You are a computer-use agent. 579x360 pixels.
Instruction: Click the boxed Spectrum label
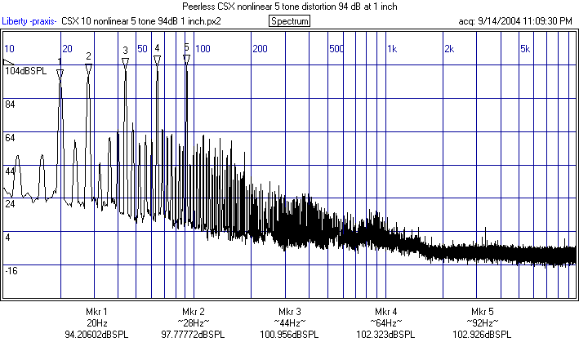pos(289,20)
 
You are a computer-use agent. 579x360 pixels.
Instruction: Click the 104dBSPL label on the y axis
pos(25,72)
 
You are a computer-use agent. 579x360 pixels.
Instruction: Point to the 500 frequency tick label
pos(336,49)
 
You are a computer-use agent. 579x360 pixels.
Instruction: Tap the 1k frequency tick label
pos(391,49)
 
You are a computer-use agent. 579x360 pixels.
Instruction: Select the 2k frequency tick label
pos(448,49)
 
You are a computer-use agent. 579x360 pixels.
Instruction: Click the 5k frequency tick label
pos(526,49)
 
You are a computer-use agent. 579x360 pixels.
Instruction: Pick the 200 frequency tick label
pos(260,49)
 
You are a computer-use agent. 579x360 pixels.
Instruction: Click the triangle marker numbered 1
pos(60,73)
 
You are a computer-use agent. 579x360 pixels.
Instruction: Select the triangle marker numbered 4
pos(157,60)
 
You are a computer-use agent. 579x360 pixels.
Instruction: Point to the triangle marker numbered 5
pos(186,59)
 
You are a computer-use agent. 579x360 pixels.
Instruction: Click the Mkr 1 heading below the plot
pos(96,312)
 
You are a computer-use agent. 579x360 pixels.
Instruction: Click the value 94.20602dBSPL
pos(96,335)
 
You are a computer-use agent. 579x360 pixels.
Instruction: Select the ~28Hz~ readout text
pos(193,323)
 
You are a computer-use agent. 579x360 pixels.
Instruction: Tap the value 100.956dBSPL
pos(289,335)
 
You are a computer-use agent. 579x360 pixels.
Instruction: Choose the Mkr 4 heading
pos(385,312)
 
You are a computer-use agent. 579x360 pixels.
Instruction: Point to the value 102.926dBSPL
pos(482,335)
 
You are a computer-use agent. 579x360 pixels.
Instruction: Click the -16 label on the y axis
pos(12,270)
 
